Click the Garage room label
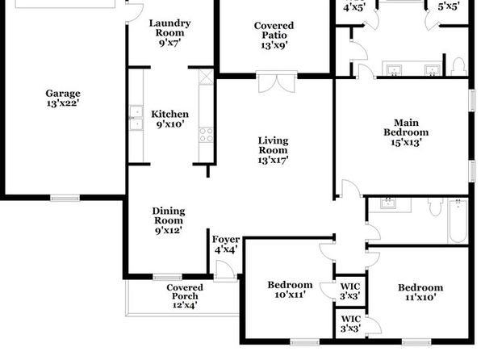[63, 98]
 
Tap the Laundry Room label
[169, 32]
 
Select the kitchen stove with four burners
[206, 135]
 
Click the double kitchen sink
[136, 118]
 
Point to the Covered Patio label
[274, 35]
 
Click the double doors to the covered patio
[277, 82]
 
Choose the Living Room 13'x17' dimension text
[273, 160]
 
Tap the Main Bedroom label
[406, 132]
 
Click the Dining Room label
[169, 220]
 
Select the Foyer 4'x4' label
[226, 245]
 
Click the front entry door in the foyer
[225, 270]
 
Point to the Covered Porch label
[185, 296]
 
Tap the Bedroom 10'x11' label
[291, 290]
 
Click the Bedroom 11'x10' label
[420, 292]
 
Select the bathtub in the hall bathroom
[458, 221]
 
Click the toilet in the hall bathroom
[436, 207]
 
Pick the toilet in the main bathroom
[458, 66]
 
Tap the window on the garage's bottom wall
[65, 198]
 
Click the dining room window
[168, 277]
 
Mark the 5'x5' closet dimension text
[449, 6]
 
